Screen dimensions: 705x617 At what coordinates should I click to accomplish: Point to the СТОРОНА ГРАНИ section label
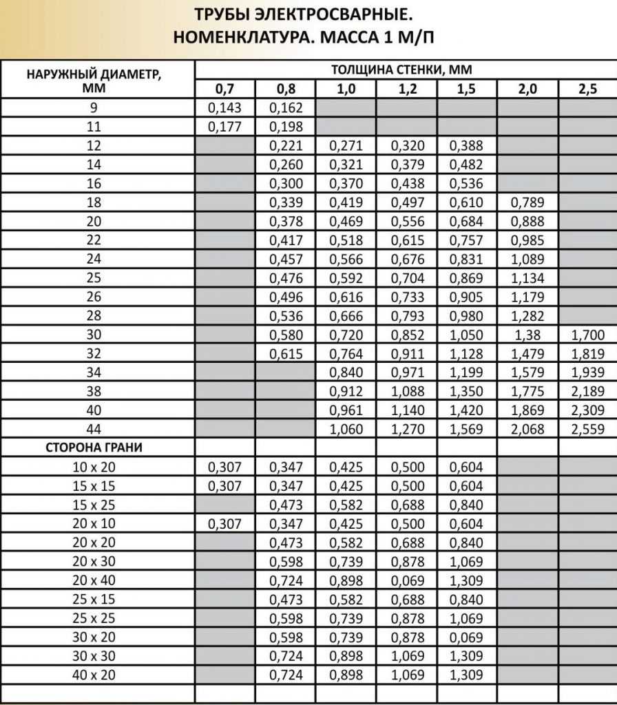94,447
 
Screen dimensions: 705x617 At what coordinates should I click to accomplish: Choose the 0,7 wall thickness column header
224,89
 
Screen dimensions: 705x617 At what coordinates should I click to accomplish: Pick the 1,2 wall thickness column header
406,89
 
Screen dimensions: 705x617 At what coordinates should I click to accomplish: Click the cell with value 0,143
224,107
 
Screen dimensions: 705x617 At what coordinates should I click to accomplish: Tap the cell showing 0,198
285,127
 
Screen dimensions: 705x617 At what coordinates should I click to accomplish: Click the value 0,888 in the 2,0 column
528,222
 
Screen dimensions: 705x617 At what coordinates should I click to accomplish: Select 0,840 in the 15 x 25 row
467,505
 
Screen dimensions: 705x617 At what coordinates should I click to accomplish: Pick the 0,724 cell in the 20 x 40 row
285,580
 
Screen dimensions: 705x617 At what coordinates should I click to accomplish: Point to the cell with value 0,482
467,165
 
